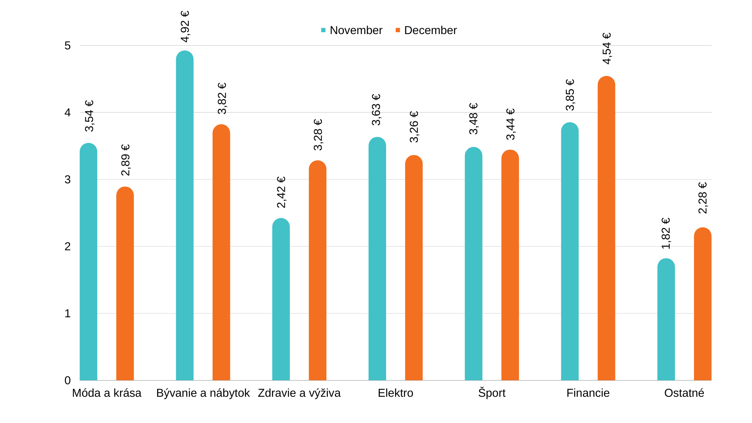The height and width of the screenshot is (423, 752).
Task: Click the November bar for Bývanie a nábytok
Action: click(x=184, y=215)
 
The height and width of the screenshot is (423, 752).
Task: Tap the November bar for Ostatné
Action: click(x=666, y=319)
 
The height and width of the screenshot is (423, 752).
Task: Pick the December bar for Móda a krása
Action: click(x=125, y=284)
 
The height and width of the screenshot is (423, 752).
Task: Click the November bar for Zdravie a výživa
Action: click(x=281, y=299)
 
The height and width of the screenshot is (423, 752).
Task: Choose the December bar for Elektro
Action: click(x=414, y=268)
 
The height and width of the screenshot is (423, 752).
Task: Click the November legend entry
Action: click(x=351, y=30)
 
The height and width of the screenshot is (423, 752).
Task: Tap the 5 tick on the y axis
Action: click(x=67, y=45)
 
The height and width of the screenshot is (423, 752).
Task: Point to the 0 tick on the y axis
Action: click(x=67, y=380)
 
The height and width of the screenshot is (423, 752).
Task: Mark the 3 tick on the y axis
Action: click(x=67, y=179)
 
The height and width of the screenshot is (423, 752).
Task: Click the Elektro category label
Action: click(x=395, y=393)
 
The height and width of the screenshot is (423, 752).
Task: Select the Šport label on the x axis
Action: click(x=492, y=393)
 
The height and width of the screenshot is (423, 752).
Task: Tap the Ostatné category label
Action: click(x=684, y=393)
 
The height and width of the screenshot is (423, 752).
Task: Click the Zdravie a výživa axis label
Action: click(x=299, y=393)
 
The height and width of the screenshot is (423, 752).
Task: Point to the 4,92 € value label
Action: click(x=185, y=26)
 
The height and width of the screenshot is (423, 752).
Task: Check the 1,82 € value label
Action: click(x=666, y=233)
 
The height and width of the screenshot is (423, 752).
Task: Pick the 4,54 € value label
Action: click(x=607, y=48)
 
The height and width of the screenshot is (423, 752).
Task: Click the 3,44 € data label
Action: click(x=510, y=124)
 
